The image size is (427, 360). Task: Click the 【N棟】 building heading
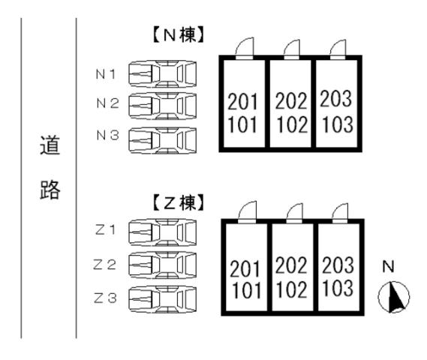click(x=178, y=34)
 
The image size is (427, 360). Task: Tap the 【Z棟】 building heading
click(x=178, y=202)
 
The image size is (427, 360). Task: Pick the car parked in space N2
click(x=162, y=105)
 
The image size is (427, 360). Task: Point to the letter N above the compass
click(x=388, y=265)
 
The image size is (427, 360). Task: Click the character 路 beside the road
click(x=49, y=188)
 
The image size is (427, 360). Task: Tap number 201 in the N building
click(x=242, y=100)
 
